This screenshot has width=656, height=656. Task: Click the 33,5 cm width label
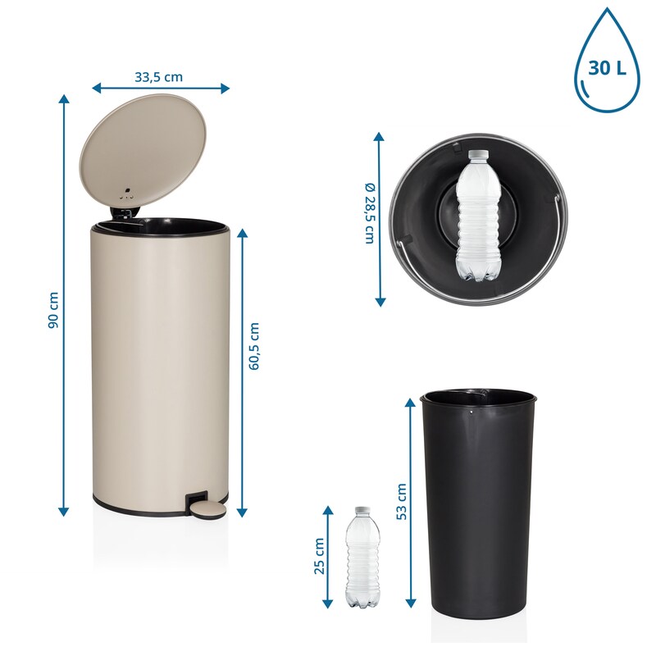pos(158,77)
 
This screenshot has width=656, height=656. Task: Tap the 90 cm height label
pos(53,310)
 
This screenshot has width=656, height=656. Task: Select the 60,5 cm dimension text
pos(254,346)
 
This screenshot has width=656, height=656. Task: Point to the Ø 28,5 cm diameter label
pos(371,213)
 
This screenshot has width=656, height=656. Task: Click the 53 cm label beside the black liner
pos(401,502)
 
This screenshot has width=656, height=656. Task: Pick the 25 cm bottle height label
pos(319,556)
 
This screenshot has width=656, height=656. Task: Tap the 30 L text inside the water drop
pos(607,67)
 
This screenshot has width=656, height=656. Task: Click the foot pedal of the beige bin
pos(207,510)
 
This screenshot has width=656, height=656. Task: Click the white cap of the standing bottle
pos(362,511)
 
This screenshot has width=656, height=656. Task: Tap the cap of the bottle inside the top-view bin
pos(478,154)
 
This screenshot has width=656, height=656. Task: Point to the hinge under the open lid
pos(121,213)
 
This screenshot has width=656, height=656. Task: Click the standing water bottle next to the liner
pos(362,558)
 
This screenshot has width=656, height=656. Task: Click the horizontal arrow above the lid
pos(161,89)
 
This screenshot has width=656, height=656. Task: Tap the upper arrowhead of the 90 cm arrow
pos(64,98)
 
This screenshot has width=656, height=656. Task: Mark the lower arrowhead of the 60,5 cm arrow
pos(242,512)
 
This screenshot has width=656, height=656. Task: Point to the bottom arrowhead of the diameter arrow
pos(380,302)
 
